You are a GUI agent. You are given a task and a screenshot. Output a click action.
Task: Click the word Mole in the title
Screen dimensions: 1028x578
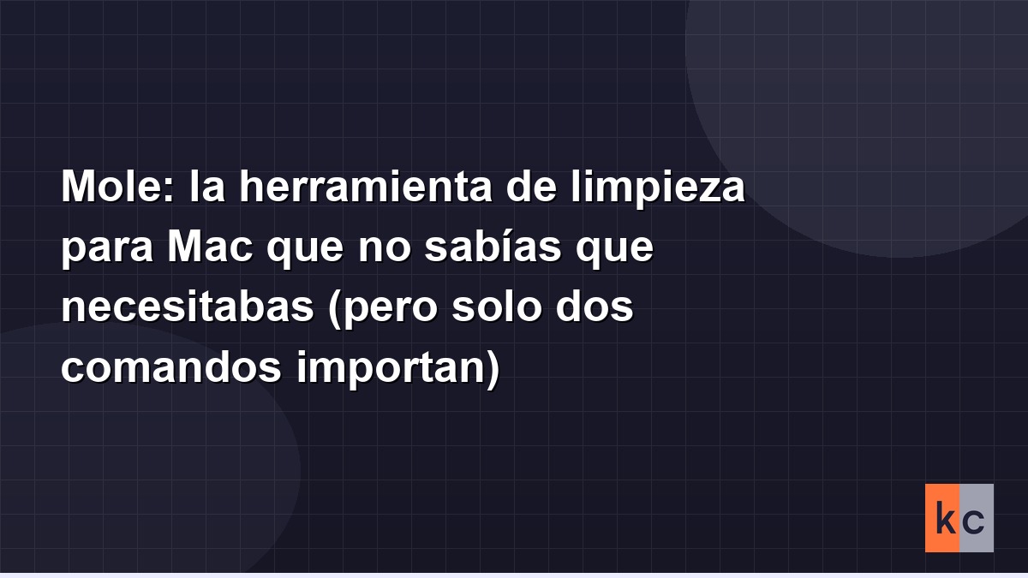click(x=113, y=187)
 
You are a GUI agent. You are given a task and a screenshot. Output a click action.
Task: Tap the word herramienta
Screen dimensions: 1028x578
click(x=366, y=187)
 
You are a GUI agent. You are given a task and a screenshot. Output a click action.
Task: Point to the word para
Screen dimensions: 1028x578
click(x=107, y=251)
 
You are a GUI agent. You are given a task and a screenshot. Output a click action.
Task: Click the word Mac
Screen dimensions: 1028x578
click(x=210, y=247)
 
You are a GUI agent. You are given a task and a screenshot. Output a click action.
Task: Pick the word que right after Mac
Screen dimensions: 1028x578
click(x=305, y=251)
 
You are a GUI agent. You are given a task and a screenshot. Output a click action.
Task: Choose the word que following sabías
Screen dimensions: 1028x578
click(x=615, y=251)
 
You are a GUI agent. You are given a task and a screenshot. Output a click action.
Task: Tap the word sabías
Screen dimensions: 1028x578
click(x=493, y=247)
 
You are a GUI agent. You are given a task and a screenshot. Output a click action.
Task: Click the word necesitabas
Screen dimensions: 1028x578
click(x=188, y=307)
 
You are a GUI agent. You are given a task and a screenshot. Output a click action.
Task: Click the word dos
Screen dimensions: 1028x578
click(x=595, y=307)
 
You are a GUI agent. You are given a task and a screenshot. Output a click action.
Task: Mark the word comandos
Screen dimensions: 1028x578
click(x=171, y=366)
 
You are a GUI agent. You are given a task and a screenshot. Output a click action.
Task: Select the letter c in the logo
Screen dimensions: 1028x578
click(x=974, y=522)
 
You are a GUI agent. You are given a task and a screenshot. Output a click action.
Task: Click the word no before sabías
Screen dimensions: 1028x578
click(x=384, y=250)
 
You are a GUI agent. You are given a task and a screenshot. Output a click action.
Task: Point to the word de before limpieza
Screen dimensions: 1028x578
click(x=531, y=187)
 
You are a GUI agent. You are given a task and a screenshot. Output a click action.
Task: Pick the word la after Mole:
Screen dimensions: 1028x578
click(x=207, y=187)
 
